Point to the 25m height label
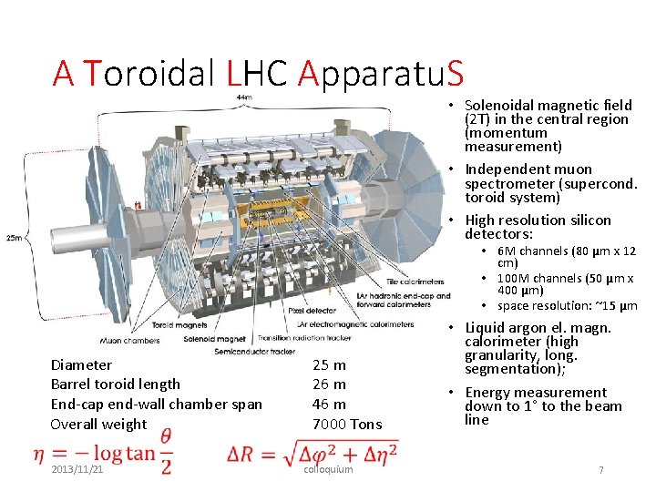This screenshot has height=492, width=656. (13, 239)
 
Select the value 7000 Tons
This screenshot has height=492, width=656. (347, 425)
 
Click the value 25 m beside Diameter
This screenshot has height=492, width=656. (329, 364)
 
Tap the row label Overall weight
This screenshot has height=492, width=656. (98, 425)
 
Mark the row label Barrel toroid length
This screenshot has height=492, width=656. (116, 384)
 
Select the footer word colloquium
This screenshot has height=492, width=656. (327, 469)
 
